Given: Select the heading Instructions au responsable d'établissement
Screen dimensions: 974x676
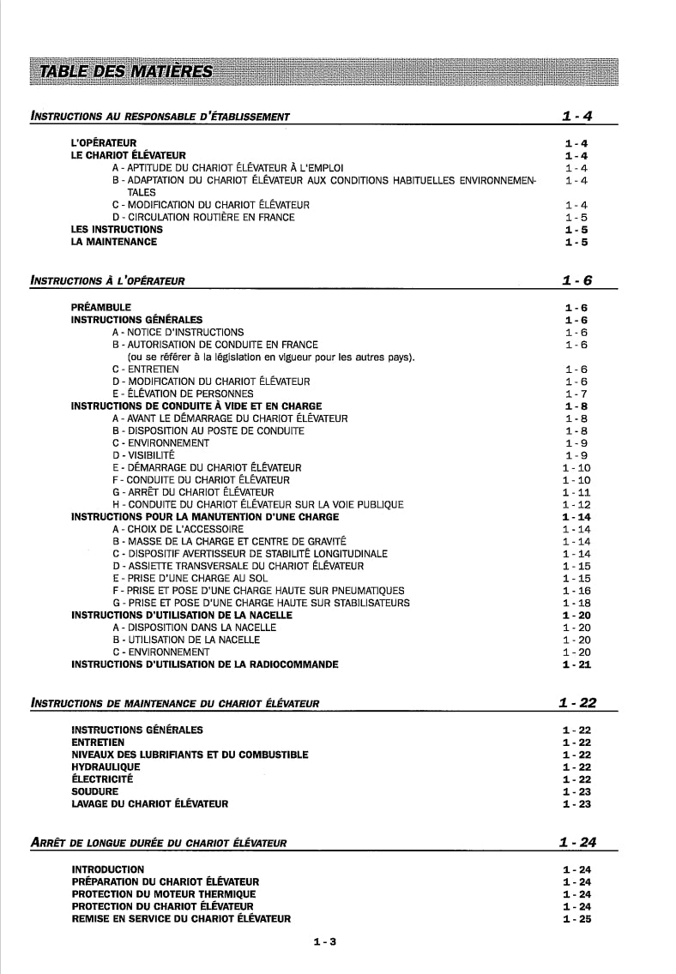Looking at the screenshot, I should (160, 117).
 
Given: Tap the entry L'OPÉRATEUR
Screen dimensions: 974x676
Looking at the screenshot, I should (103, 143).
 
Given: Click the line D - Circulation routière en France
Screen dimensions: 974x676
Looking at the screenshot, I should (203, 218).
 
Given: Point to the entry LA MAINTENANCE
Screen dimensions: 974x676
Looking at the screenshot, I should (114, 242).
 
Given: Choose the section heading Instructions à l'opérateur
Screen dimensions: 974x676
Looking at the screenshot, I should (107, 280).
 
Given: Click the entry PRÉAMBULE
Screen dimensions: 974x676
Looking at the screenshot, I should (101, 307).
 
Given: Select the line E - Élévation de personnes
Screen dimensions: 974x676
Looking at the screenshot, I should (183, 394).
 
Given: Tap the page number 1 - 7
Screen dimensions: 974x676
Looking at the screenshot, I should (576, 394).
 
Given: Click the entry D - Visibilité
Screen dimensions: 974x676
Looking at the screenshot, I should (143, 455).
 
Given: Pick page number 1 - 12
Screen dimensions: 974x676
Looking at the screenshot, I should (576, 505).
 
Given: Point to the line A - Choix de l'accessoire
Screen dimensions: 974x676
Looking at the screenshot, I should (172, 530).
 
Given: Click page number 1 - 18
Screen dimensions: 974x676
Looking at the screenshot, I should (576, 604).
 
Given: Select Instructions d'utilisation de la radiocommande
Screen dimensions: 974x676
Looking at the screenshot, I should (204, 664).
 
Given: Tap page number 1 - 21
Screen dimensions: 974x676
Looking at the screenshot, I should (576, 665).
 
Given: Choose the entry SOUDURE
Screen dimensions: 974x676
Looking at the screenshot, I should (94, 792).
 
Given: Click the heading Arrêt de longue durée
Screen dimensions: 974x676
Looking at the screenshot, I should (159, 843).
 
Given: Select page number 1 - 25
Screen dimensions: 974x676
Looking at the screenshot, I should (576, 919).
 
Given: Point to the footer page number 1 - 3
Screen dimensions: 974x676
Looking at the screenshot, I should (324, 942).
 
